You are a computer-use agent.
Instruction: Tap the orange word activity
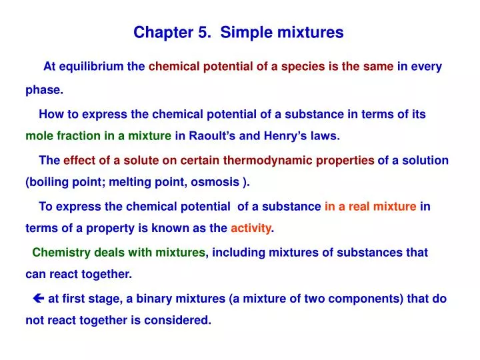(251, 229)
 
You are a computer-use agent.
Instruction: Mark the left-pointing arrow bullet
(38, 299)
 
